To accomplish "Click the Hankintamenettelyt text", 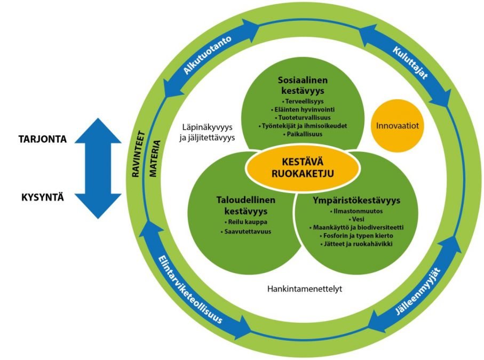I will pos(304,290).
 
